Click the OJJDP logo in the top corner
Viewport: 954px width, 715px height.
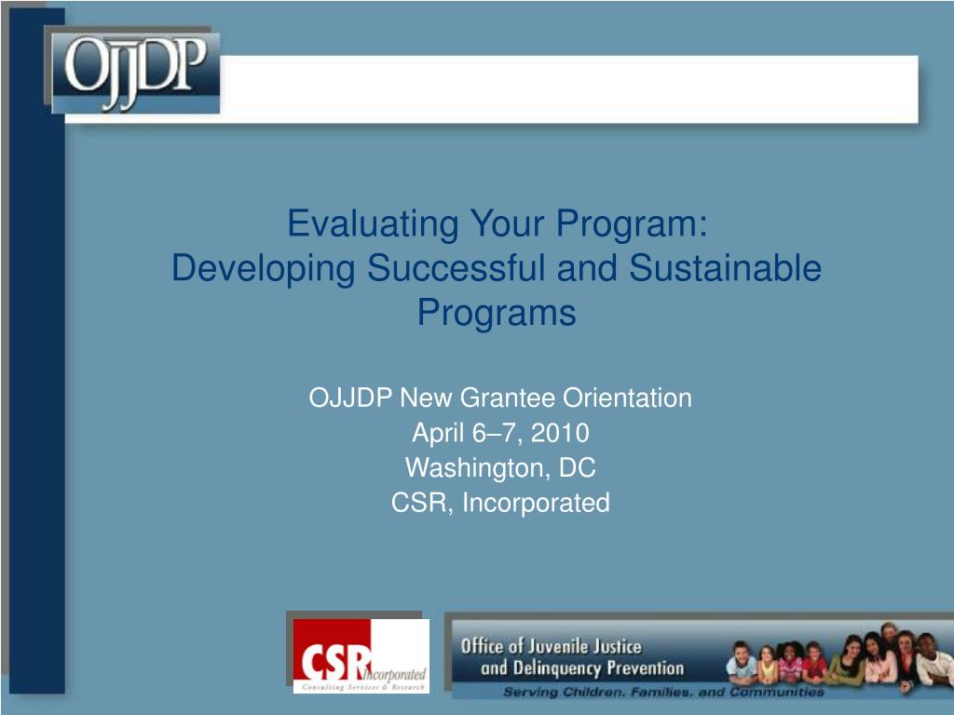(x=134, y=73)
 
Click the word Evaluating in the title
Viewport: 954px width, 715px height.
(x=373, y=224)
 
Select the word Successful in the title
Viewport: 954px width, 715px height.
(x=455, y=268)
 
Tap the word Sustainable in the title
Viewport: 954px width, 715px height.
(x=725, y=268)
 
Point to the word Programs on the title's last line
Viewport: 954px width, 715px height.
(x=497, y=313)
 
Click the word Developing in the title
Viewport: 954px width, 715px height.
(x=263, y=269)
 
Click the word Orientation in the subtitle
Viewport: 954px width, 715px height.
(x=627, y=398)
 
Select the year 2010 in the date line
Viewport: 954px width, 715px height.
(x=560, y=433)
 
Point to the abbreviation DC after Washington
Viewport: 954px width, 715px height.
(x=577, y=467)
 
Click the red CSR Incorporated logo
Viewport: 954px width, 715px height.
(x=361, y=655)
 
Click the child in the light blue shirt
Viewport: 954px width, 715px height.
(x=742, y=664)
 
